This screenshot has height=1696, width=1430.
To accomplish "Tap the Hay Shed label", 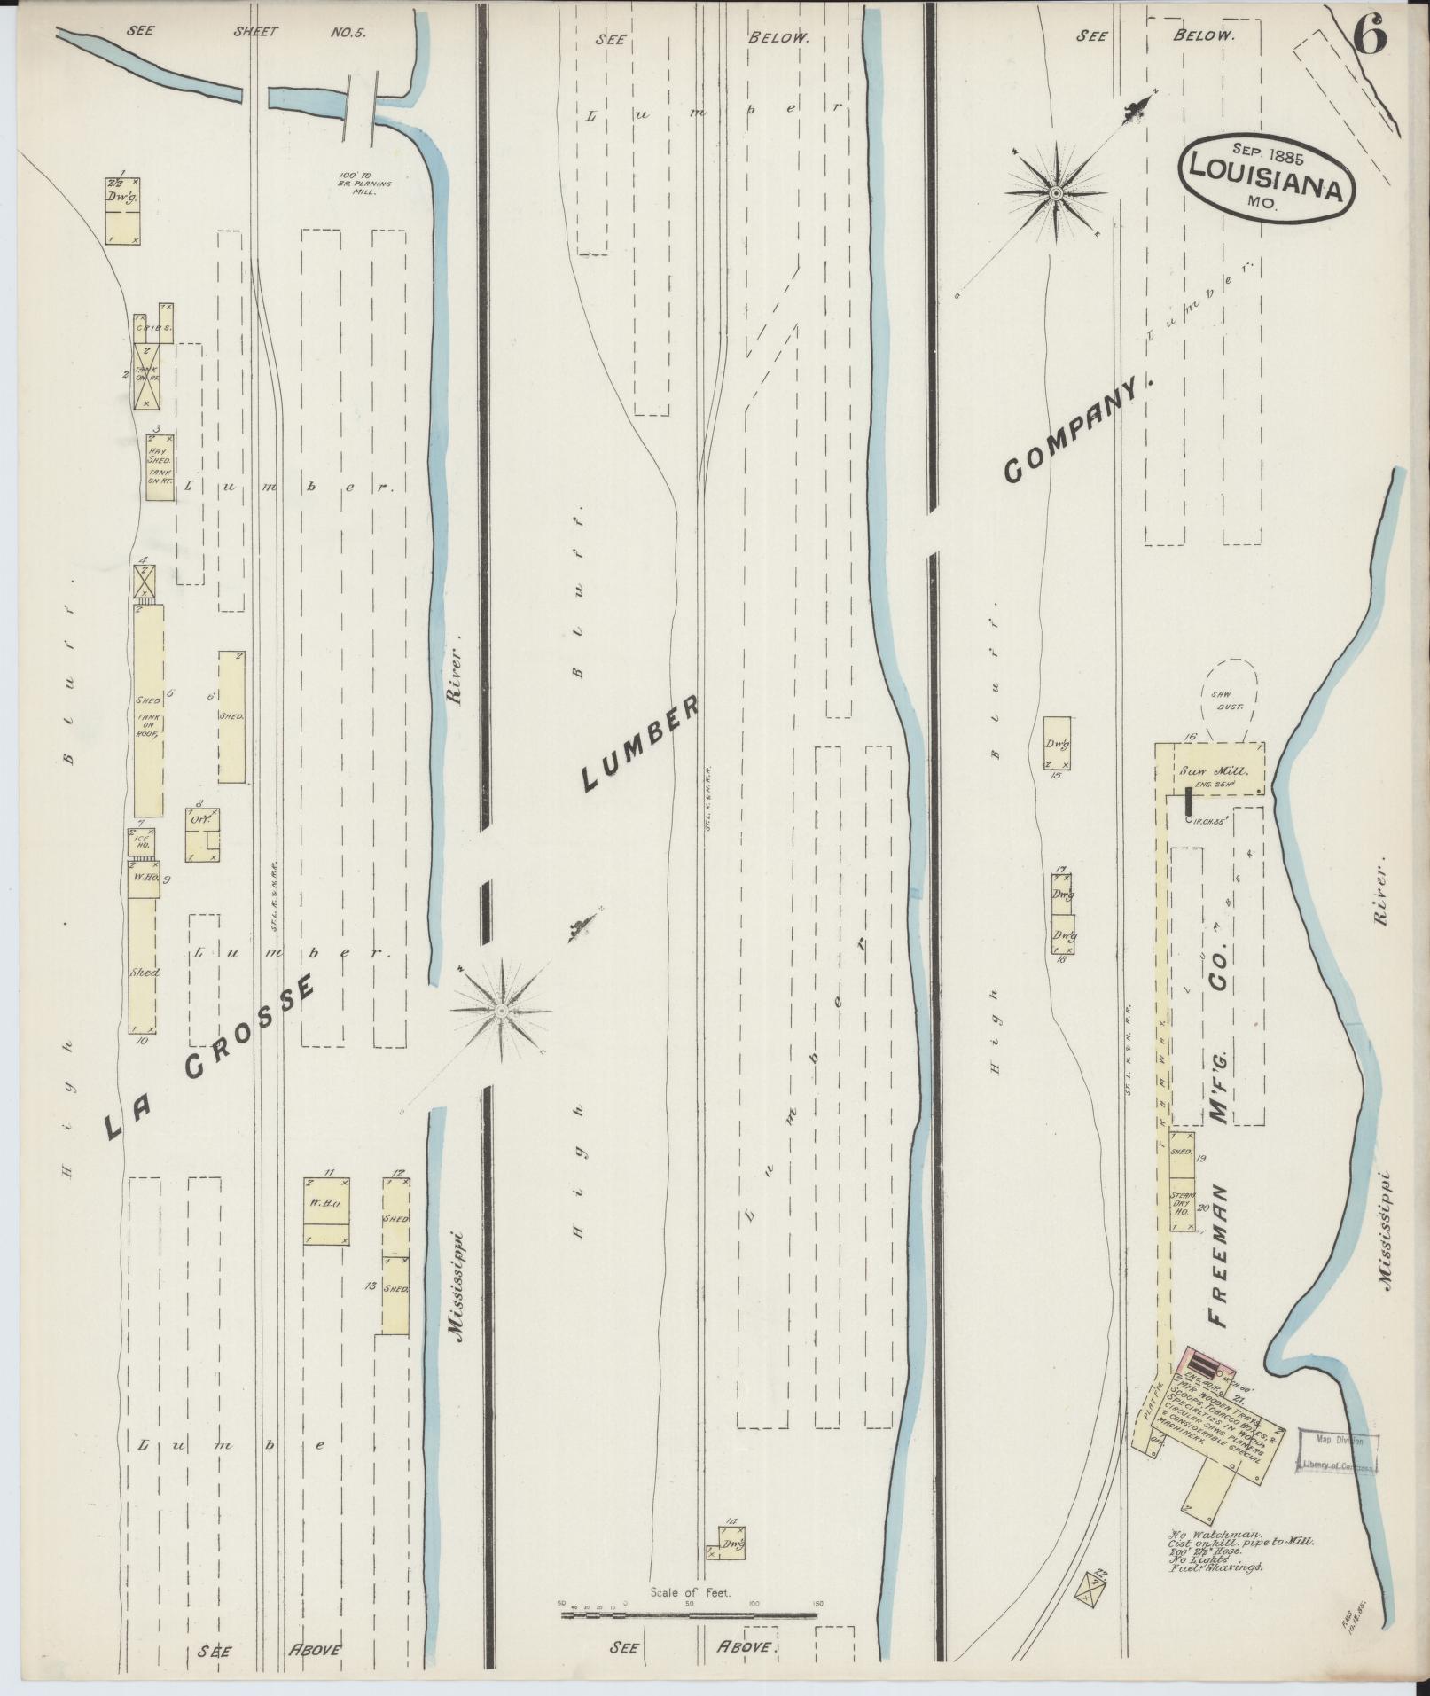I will tap(160, 454).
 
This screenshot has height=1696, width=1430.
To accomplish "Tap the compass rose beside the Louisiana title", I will tap(1056, 192).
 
